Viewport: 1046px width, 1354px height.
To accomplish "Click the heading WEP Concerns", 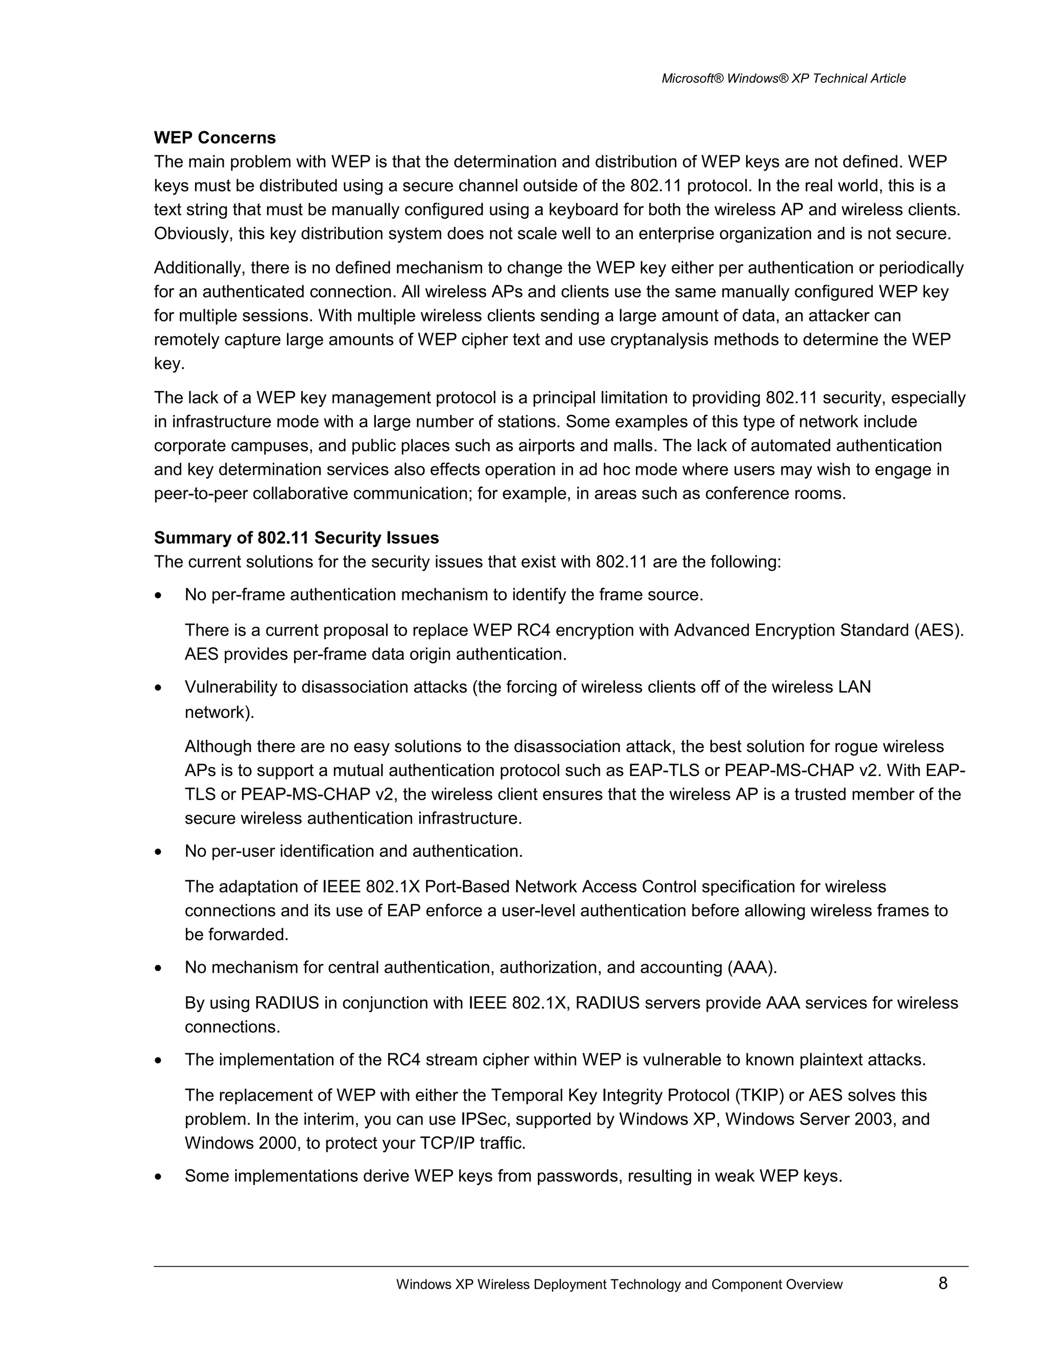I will [215, 137].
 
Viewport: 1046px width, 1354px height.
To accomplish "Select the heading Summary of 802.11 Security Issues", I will [296, 538].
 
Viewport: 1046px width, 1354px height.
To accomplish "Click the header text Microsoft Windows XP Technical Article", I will [783, 79].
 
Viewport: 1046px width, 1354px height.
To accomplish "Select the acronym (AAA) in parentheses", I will [752, 968].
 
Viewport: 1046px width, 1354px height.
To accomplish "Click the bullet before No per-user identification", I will [159, 852].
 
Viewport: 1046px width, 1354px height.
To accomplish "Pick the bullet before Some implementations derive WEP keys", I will [159, 1177].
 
